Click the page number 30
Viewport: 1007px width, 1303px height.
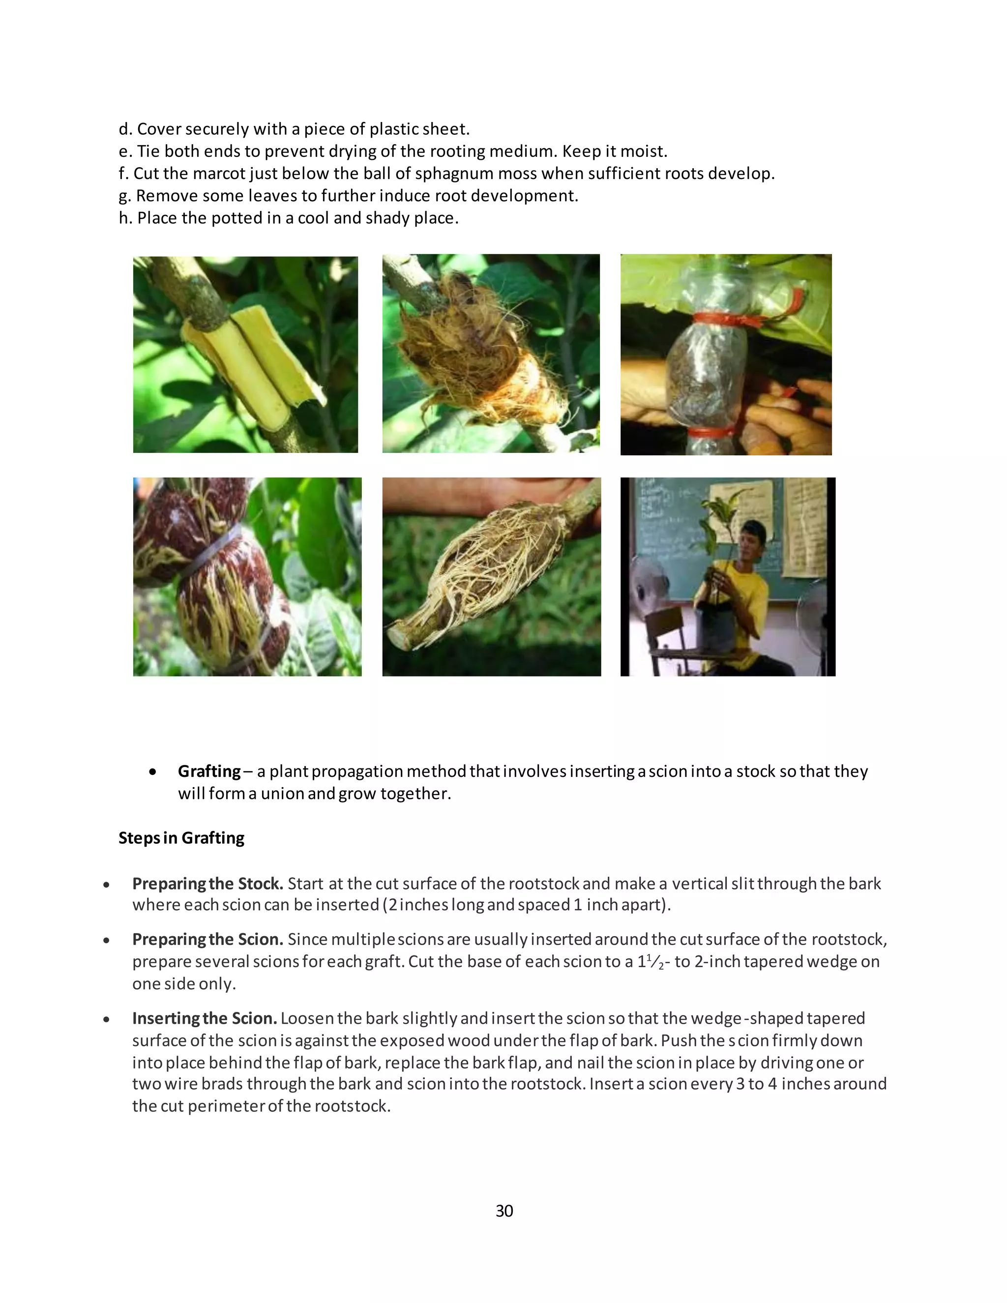504,1211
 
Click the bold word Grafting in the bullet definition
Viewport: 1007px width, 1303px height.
209,771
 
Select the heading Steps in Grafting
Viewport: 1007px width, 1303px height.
181,838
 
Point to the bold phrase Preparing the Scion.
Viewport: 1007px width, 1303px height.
207,939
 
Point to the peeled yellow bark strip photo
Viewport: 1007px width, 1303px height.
245,355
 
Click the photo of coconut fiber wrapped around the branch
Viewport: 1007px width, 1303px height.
490,353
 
